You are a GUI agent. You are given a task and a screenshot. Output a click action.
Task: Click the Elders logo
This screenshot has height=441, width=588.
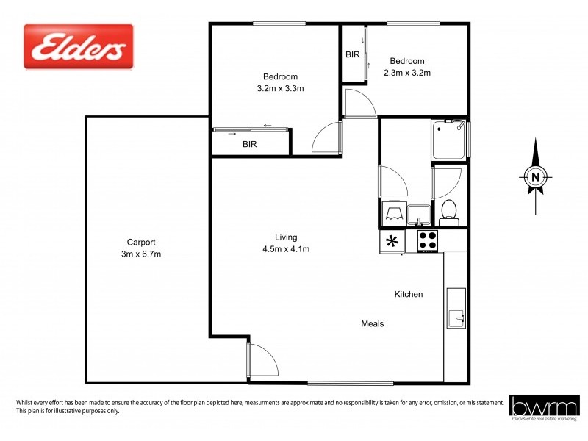(x=79, y=46)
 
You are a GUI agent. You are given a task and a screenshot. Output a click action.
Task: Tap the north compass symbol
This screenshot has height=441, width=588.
(x=536, y=175)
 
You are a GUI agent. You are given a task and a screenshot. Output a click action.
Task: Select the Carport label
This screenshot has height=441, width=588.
(x=141, y=242)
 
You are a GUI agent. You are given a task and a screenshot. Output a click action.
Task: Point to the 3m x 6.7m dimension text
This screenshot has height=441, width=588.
(x=141, y=254)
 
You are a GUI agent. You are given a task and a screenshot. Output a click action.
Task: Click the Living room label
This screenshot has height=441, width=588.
(x=286, y=237)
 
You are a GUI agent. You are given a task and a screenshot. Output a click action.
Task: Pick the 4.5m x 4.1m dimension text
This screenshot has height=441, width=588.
(x=286, y=248)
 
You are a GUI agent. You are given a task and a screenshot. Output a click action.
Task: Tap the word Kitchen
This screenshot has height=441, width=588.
(x=409, y=294)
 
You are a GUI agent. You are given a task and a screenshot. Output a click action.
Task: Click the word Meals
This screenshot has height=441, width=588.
(x=372, y=323)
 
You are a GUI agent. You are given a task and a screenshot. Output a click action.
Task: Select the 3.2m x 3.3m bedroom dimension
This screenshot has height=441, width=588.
(x=280, y=88)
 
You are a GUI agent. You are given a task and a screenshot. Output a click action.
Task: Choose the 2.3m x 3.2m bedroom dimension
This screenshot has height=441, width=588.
(x=406, y=72)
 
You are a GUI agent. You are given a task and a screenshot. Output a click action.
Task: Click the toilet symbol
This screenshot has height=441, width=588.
(x=448, y=214)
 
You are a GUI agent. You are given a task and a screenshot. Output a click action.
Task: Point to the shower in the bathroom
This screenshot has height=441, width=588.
(x=449, y=139)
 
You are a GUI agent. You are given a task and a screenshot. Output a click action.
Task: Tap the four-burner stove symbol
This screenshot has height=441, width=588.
(x=427, y=240)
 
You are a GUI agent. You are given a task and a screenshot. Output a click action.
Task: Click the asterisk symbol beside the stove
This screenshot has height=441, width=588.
(x=392, y=240)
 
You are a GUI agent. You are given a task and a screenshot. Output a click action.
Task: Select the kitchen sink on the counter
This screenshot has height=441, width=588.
(x=456, y=309)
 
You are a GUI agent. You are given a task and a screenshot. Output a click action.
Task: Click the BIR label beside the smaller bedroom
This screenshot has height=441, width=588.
(x=352, y=54)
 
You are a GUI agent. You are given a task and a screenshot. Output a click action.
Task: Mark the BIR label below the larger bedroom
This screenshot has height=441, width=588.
(x=250, y=145)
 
